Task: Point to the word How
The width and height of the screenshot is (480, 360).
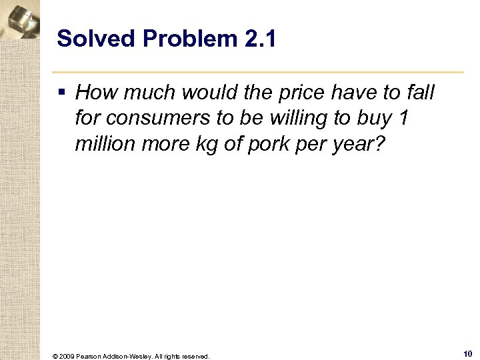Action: click(98, 93)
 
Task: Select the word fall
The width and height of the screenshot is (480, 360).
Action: click(418, 93)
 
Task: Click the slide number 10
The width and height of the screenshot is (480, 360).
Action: click(467, 354)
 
